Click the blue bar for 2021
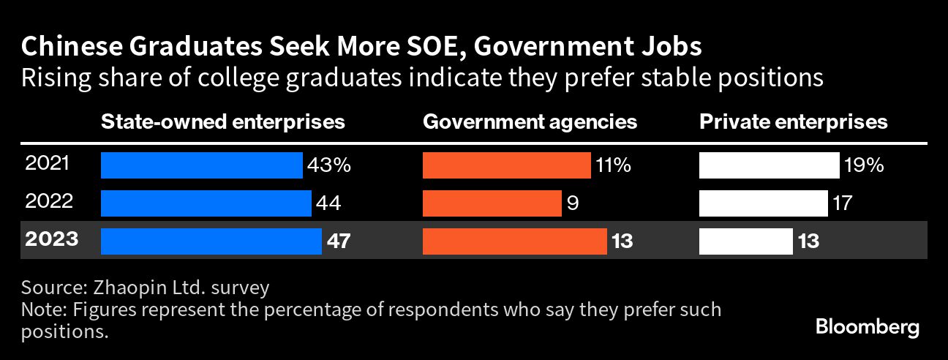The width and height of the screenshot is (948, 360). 201,165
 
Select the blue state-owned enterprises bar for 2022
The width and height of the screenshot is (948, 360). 206,203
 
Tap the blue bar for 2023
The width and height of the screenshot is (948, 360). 211,241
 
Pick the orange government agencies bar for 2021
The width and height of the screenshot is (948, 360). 507,165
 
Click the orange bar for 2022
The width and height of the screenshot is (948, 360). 492,203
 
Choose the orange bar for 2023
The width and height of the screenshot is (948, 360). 515,241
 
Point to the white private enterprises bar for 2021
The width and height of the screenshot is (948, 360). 770,165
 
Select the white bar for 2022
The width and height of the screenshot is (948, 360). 763,203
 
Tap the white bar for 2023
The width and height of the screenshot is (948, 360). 746,241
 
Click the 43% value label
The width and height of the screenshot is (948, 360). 329,165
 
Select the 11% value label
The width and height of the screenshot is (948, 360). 613,165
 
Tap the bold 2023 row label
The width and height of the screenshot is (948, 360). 52,239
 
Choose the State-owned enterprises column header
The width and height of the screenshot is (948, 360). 222,121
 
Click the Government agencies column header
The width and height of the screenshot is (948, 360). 530,121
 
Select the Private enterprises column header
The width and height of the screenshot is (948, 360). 794,121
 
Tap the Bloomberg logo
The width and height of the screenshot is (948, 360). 868,327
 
